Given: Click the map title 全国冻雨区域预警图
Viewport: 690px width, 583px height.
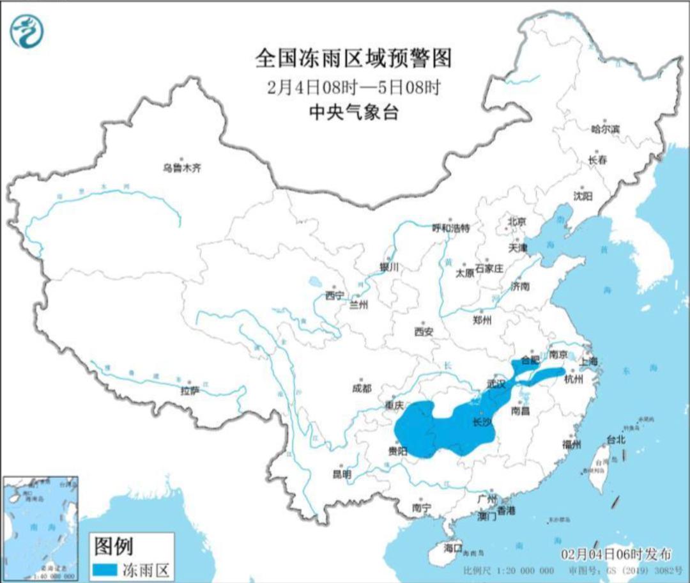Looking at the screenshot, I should tap(353, 59).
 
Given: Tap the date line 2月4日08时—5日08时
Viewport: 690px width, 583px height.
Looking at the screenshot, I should tap(353, 88).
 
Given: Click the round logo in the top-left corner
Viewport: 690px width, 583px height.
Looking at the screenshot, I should tap(27, 31).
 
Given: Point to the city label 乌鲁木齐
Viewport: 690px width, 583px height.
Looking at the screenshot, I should tap(181, 168).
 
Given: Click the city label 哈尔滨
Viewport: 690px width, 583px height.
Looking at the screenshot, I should tap(605, 129).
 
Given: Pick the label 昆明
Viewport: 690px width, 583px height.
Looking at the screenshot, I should tap(342, 474).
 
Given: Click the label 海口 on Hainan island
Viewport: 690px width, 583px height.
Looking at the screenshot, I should tap(452, 548).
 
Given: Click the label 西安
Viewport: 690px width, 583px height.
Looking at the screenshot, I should tap(424, 331).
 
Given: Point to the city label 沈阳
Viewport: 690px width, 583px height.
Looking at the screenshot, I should tap(583, 195).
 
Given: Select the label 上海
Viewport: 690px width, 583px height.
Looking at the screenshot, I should tap(588, 361).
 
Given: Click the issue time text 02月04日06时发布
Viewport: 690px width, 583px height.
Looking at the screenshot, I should tap(617, 554).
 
